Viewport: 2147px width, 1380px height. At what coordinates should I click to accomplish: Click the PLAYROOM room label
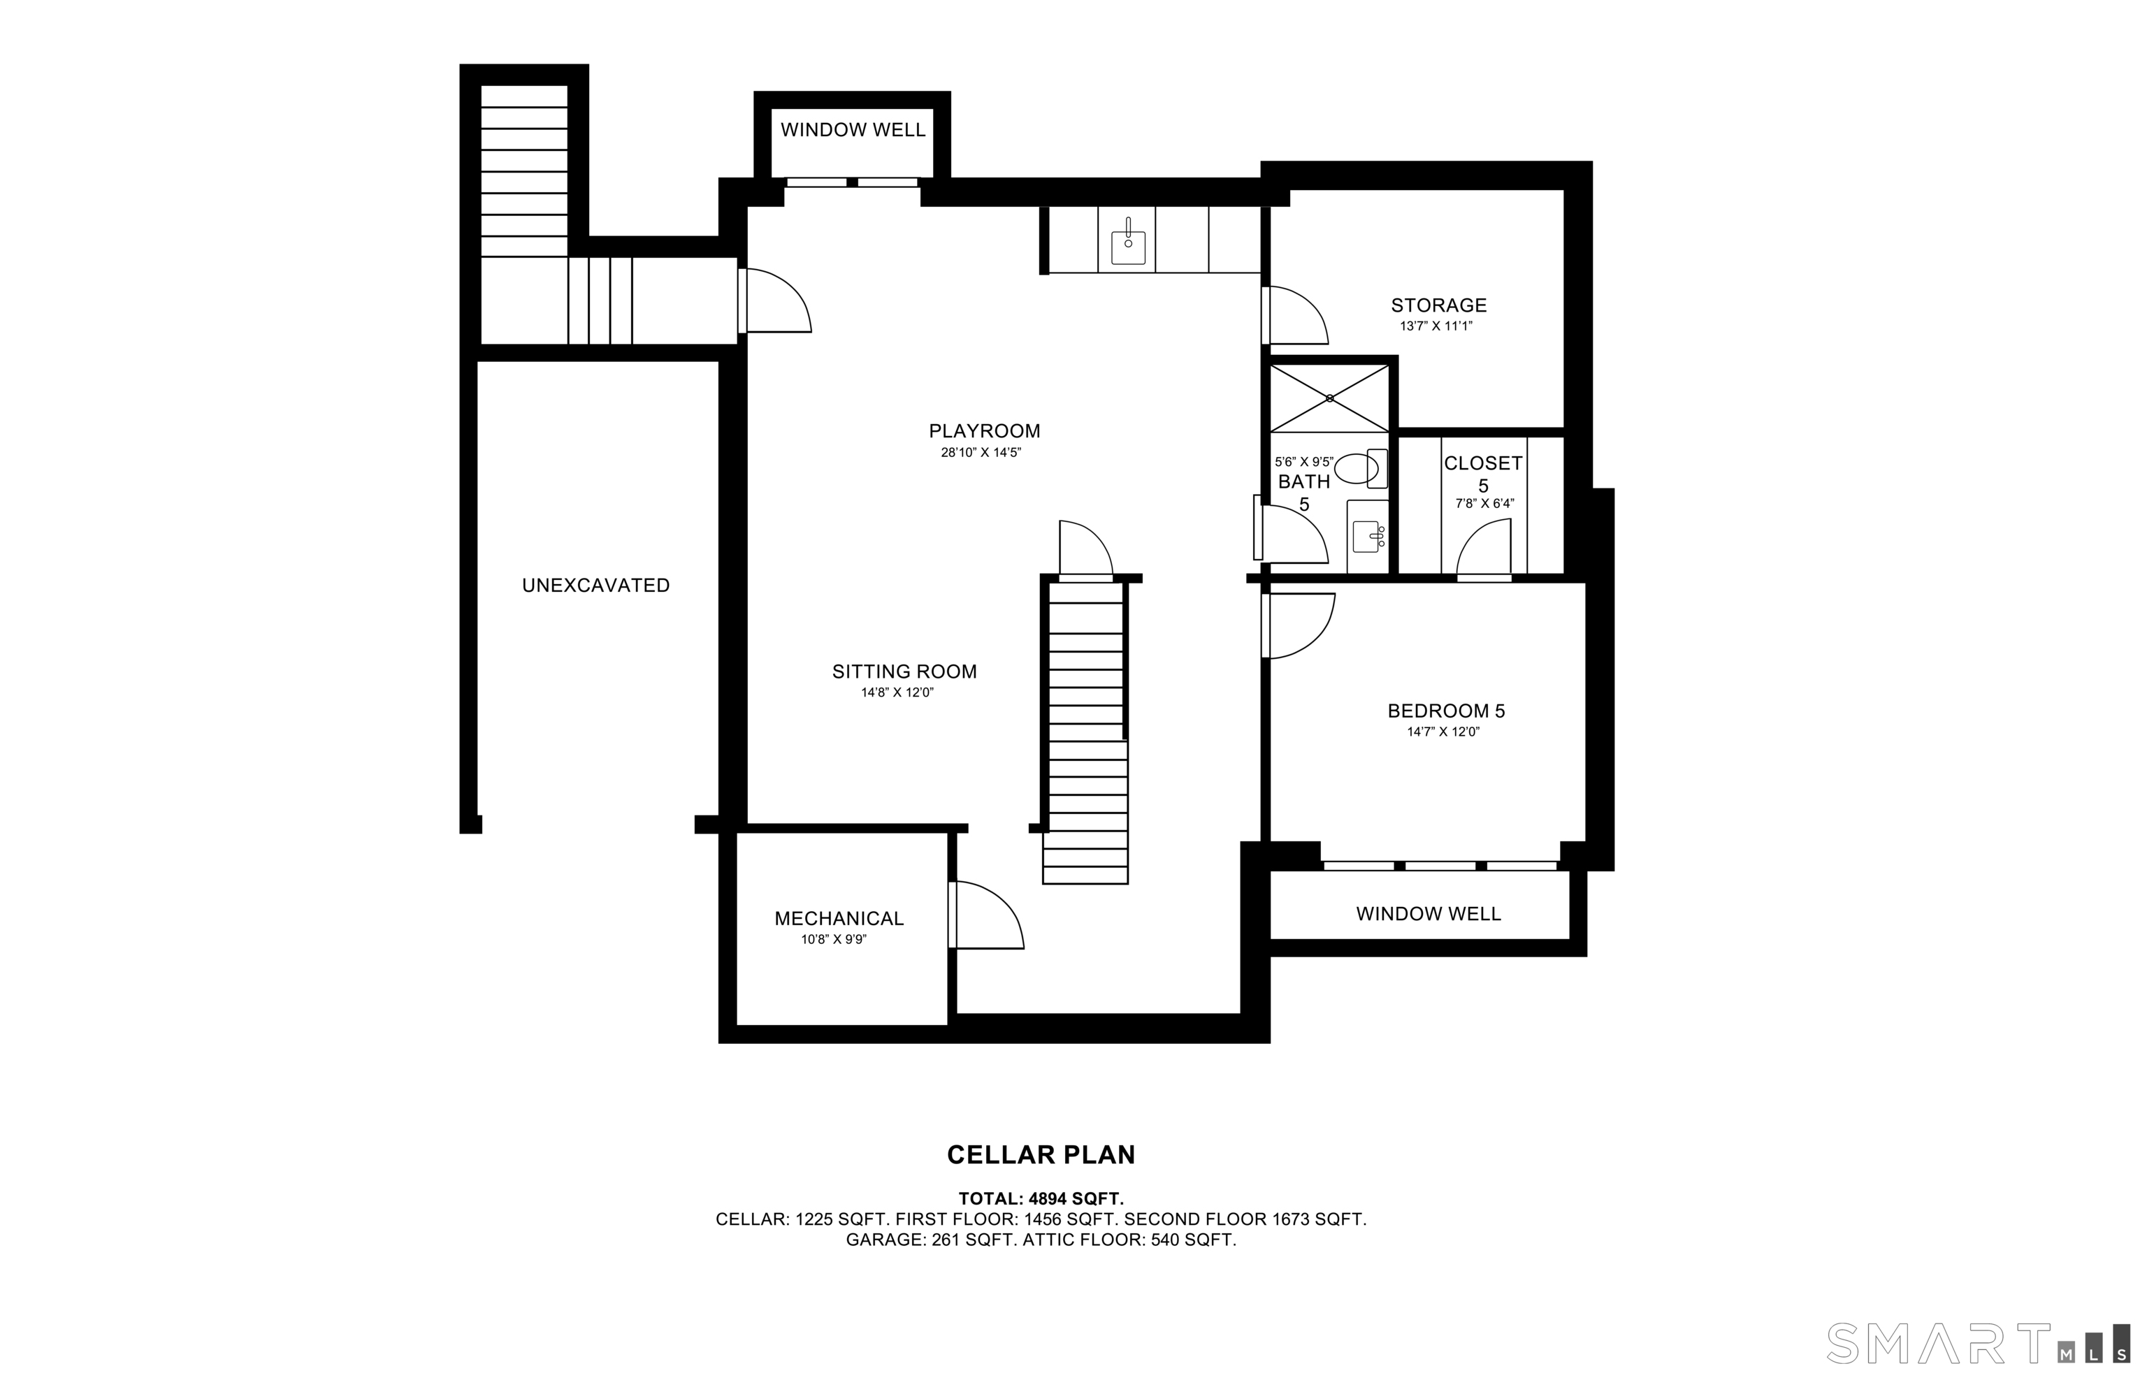coord(984,431)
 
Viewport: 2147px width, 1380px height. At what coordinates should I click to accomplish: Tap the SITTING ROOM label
coord(904,671)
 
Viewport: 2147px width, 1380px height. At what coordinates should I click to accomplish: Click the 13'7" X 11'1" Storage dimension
coord(1436,327)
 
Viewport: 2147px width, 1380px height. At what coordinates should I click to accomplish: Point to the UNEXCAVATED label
coord(596,585)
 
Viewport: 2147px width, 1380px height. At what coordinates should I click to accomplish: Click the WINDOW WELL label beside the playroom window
coord(852,130)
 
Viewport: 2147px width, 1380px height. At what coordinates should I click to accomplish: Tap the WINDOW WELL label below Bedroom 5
coord(1429,914)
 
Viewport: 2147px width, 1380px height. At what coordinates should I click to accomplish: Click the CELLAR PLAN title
coord(1041,1155)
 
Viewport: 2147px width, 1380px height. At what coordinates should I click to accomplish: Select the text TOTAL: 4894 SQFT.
coord(1041,1199)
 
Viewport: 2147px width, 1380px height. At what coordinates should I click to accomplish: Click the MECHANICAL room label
coord(839,919)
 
